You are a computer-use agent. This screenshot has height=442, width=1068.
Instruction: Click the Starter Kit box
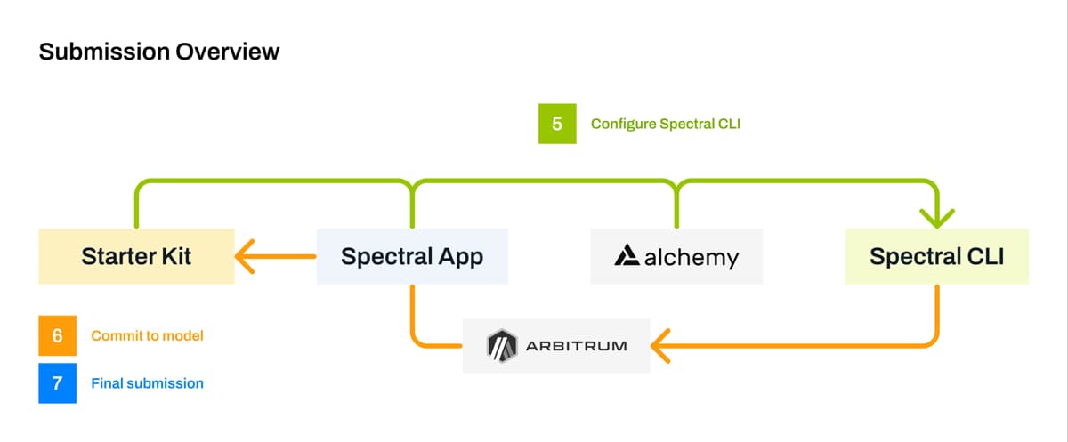point(136,257)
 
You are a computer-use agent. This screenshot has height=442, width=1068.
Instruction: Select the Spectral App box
point(412,257)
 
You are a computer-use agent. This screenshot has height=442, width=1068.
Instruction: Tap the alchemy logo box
point(676,257)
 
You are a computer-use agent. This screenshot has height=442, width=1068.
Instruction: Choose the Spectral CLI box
point(936,257)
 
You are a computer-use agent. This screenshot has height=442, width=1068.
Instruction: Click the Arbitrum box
point(556,345)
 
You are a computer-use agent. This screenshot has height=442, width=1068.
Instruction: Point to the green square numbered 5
point(557,124)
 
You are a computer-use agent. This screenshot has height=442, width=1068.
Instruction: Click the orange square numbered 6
point(58,336)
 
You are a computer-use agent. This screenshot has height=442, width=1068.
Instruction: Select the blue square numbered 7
point(58,383)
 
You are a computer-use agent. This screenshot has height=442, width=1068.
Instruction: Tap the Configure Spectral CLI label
point(666,124)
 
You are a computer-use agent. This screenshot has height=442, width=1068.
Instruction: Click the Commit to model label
point(147,336)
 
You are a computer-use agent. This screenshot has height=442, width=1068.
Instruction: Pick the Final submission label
point(147,383)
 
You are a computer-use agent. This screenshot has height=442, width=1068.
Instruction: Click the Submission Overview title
point(159,52)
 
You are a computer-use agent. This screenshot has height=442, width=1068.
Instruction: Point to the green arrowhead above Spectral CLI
point(936,216)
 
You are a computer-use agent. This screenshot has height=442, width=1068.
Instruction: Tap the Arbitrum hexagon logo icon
point(502,345)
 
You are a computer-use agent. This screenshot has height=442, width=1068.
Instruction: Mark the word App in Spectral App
point(461,257)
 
